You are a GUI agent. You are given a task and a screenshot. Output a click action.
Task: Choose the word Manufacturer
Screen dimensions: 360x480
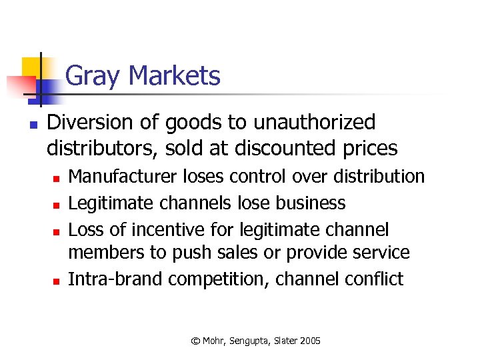(x=122, y=177)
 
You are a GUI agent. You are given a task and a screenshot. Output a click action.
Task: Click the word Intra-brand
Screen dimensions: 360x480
(x=115, y=279)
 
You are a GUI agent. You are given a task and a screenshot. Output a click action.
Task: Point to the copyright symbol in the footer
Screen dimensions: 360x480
(x=195, y=341)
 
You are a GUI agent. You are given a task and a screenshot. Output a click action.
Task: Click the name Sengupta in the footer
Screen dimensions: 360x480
(x=249, y=341)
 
